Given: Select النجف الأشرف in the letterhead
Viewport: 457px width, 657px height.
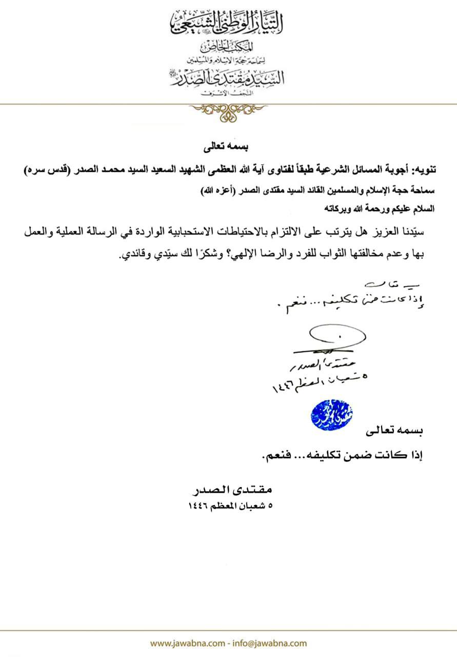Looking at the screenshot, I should [x=228, y=94].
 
